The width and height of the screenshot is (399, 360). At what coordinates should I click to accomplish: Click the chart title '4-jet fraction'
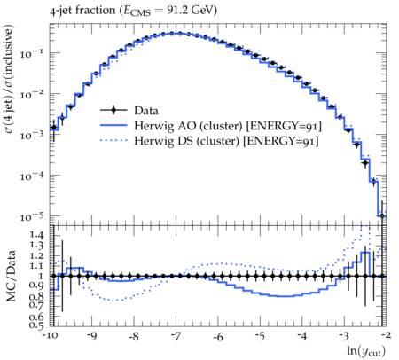point(82,11)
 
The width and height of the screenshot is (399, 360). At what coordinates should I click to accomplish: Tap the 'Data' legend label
point(146,111)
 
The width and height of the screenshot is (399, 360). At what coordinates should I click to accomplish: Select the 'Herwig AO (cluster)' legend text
point(188,126)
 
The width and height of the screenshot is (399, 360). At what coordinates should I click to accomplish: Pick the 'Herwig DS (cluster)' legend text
point(186,141)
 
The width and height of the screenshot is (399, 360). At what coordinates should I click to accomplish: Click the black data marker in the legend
point(113,111)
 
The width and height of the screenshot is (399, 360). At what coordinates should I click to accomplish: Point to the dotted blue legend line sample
point(113,141)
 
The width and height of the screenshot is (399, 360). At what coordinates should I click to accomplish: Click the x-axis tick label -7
point(176,337)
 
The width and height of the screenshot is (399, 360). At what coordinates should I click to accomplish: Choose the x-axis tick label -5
point(260,337)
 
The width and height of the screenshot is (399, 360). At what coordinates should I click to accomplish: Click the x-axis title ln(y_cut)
point(366,351)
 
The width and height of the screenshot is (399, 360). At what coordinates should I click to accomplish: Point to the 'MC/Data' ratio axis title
point(11,276)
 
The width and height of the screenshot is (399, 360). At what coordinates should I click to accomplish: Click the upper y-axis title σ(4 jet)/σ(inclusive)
point(9,79)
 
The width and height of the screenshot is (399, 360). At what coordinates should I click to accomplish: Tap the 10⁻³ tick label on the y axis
point(31,135)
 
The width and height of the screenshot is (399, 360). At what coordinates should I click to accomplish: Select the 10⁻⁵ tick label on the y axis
point(31,216)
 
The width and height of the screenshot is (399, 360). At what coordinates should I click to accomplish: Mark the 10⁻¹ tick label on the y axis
point(31,53)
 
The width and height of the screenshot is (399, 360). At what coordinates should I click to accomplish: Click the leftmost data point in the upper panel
point(53,128)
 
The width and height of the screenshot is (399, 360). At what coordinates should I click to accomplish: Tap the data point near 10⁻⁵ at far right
point(382,216)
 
